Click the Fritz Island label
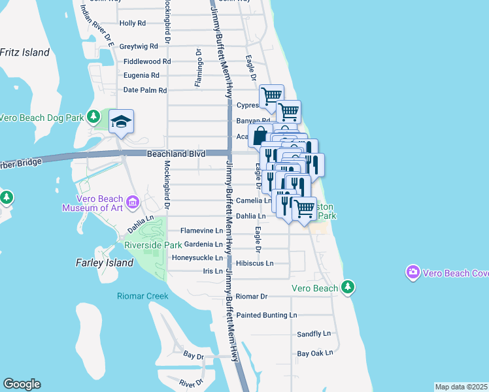pyautogui.click(x=24, y=52)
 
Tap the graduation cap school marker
pyautogui.click(x=121, y=122)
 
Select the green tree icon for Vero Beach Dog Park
pyautogui.click(x=93, y=117)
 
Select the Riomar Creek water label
pyautogui.click(x=143, y=296)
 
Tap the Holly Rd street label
pyautogui.click(x=133, y=23)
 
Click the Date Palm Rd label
pyautogui.click(x=145, y=90)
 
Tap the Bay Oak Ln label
pyautogui.click(x=315, y=353)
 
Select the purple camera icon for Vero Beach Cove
pyautogui.click(x=413, y=271)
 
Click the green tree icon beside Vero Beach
pyautogui.click(x=348, y=287)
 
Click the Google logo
pyautogui.click(x=22, y=384)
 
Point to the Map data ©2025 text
pyautogui.click(x=461, y=387)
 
